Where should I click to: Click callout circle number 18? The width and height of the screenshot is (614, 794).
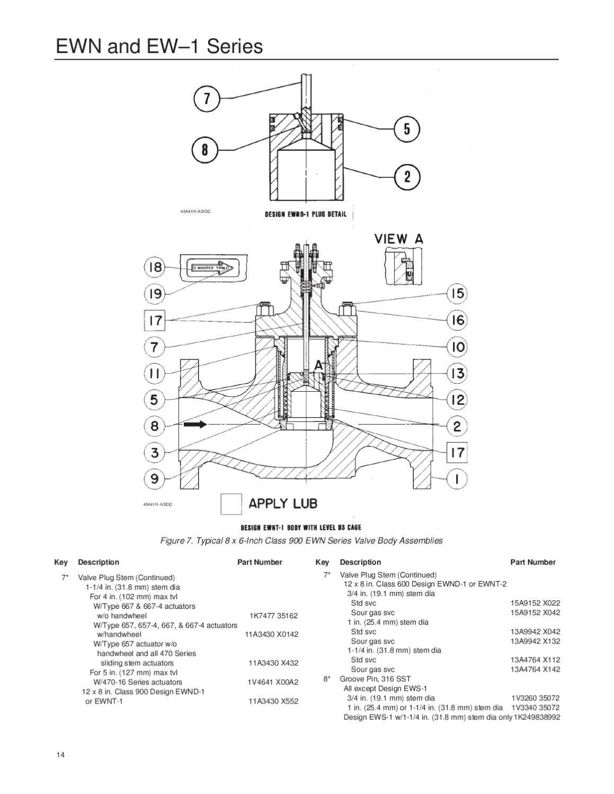point(155,267)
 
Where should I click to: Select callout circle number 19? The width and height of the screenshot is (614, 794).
point(155,294)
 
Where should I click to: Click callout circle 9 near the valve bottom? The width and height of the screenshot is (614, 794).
point(155,479)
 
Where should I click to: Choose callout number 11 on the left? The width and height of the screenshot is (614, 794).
point(155,373)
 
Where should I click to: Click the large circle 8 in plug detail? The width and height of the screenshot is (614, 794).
point(204,150)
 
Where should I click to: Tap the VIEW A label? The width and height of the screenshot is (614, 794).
point(399,239)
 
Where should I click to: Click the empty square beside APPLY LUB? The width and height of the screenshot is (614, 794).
point(231,503)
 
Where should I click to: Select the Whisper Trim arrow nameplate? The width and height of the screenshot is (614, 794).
point(209,269)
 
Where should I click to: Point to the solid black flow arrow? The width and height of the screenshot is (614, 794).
point(195,425)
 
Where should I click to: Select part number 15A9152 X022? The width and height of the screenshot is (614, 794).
point(535,603)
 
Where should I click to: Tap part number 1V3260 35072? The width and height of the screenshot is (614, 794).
point(535,698)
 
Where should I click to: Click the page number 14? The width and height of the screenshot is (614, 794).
point(60,755)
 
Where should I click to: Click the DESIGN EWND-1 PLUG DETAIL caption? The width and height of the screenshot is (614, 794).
point(306,214)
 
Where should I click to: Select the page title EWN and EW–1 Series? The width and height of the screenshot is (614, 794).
point(159,47)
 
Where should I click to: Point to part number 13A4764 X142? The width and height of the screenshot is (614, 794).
point(535,670)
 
